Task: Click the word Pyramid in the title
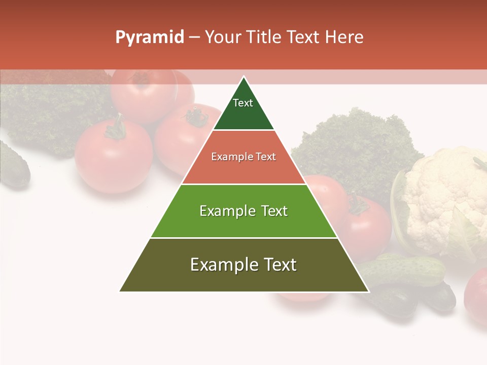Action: pyautogui.click(x=149, y=38)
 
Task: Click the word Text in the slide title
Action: pyautogui.click(x=304, y=38)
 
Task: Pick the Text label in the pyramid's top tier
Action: pyautogui.click(x=243, y=103)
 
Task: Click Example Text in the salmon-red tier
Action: pyautogui.click(x=243, y=157)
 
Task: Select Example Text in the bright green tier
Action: pyautogui.click(x=243, y=211)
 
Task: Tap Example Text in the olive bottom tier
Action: pyautogui.click(x=243, y=265)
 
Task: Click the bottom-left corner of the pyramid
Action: pyautogui.click(x=120, y=291)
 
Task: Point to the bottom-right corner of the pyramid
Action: pyautogui.click(x=368, y=291)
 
